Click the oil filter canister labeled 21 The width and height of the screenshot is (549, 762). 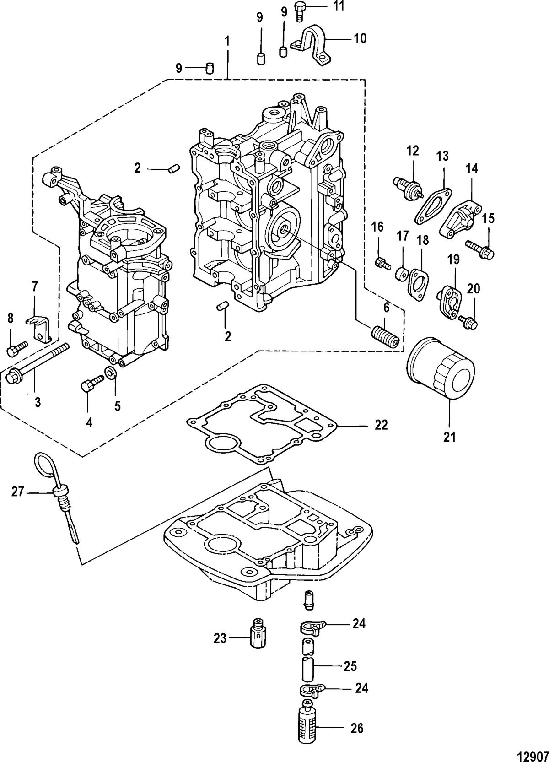tap(441, 368)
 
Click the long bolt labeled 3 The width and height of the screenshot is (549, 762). tap(38, 362)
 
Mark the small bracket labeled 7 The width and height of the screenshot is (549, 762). tap(39, 327)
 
